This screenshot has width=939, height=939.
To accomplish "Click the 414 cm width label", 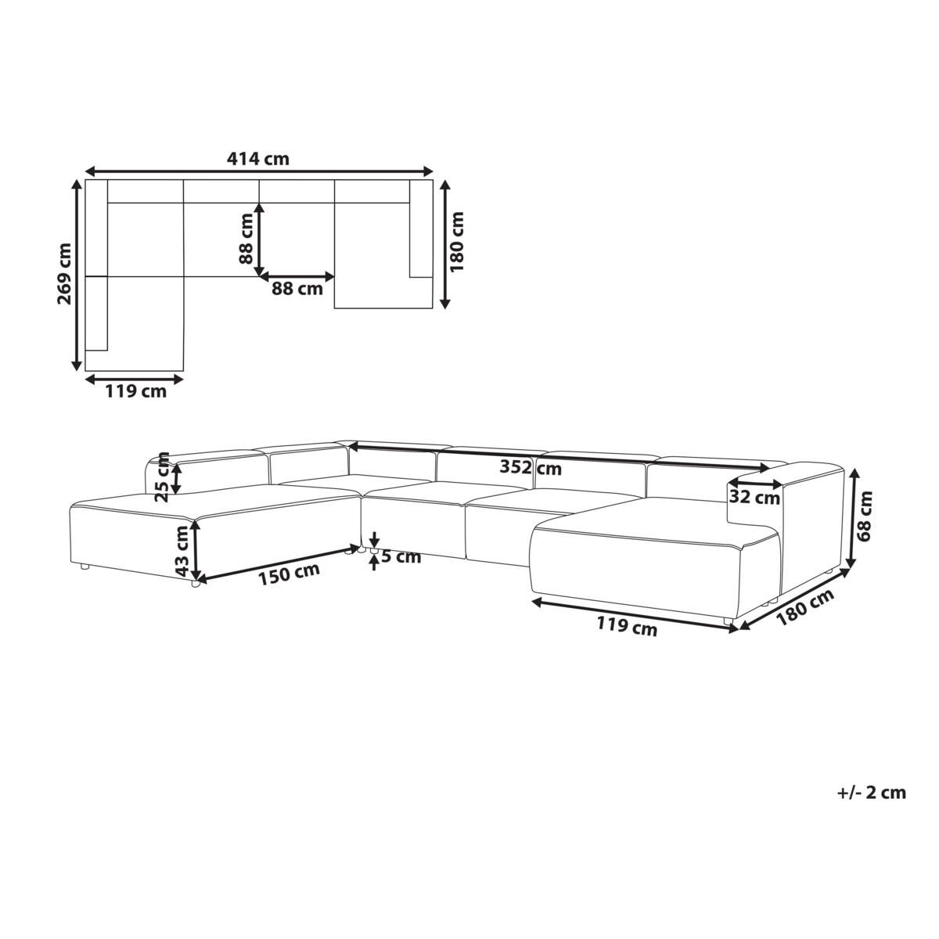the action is point(257,159).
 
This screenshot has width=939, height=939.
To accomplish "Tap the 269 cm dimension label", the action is point(64,274).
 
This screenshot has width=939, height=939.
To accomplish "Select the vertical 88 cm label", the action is point(246,239).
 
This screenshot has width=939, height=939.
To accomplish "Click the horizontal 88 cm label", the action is point(297,289).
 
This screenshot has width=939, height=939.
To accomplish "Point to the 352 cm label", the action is point(531,468).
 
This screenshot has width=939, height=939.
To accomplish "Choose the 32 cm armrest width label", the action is point(754,498).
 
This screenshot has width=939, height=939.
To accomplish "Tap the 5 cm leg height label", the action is point(401,557).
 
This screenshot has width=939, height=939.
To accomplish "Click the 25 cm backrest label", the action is point(164,477).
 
